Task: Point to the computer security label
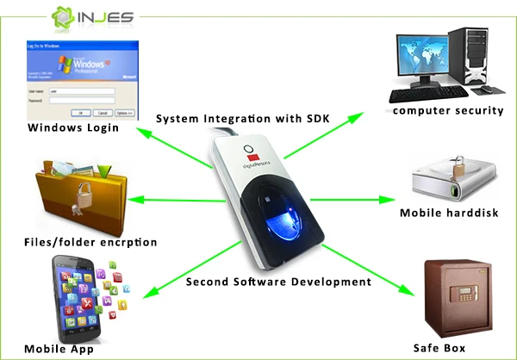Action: (447, 110)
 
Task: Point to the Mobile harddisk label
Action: (447, 213)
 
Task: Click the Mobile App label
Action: (58, 349)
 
